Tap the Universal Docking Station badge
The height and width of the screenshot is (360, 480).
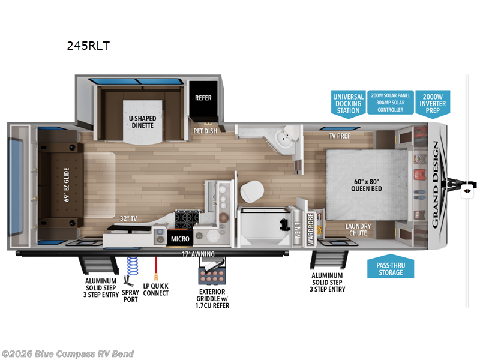click(x=348, y=103)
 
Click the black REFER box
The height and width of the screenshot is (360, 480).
click(x=203, y=98)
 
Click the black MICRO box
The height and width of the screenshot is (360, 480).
click(x=179, y=239)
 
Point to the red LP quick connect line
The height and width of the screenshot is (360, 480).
click(x=156, y=268)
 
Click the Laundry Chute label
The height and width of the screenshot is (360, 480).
click(x=358, y=230)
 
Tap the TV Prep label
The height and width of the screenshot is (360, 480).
click(x=339, y=136)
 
